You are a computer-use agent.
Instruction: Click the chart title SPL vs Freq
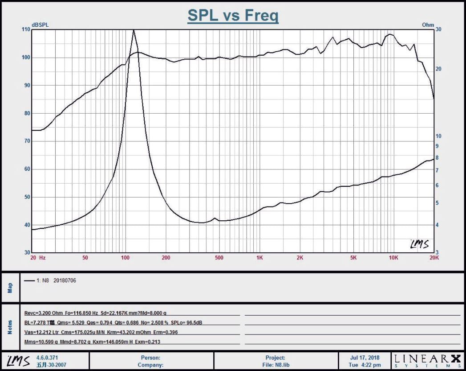click(x=233, y=15)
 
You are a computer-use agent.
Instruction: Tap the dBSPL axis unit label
click(x=40, y=25)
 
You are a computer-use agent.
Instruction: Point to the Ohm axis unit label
click(x=428, y=25)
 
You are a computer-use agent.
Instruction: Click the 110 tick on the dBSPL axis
click(x=25, y=29)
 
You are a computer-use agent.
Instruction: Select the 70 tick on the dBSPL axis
click(x=27, y=141)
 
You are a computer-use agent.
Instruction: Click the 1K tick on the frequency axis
click(x=259, y=258)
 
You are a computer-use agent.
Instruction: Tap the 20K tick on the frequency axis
click(x=434, y=258)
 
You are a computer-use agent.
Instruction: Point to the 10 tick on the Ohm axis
click(x=438, y=136)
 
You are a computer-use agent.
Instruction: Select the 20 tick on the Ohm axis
click(x=438, y=69)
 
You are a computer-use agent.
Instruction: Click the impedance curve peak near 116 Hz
click(x=134, y=30)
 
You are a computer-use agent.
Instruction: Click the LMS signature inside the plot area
click(x=419, y=244)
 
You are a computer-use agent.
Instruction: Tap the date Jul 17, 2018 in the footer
click(x=365, y=358)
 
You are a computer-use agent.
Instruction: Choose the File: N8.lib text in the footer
click(x=276, y=364)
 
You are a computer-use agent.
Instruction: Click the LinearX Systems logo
click(x=426, y=360)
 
